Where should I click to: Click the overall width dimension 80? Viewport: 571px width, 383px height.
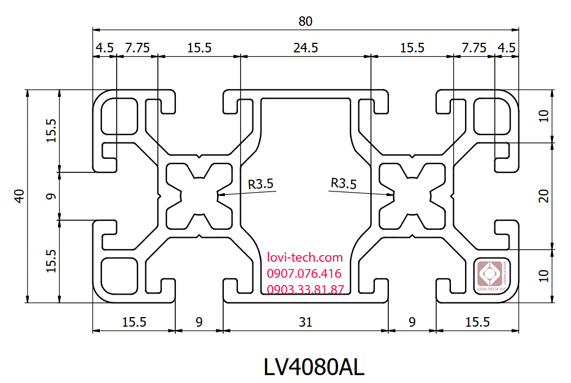pos(305,21)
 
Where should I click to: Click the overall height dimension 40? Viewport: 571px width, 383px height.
pos(19,196)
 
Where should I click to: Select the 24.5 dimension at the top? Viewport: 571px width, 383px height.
pos(306,48)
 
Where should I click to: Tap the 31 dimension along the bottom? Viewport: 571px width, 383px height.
pos(305,322)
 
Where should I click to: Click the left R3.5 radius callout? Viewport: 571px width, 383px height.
pos(260,183)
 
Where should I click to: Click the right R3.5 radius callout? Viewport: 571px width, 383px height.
pos(343,183)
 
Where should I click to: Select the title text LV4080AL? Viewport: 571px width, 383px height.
pos(314,367)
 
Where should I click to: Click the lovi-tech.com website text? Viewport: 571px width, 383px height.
pos(305,258)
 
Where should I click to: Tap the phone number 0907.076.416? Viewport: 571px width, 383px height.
pos(304,274)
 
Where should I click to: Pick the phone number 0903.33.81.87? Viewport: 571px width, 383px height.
pos(305,290)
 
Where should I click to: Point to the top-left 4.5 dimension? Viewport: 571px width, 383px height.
pos(104,48)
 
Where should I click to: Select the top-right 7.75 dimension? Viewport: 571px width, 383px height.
pos(473,48)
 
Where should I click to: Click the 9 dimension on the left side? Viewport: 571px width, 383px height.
pos(51,196)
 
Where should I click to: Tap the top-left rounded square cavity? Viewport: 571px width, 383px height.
pos(119,116)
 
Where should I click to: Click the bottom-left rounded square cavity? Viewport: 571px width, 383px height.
pos(119,275)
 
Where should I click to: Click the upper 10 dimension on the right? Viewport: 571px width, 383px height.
pos(543,116)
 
